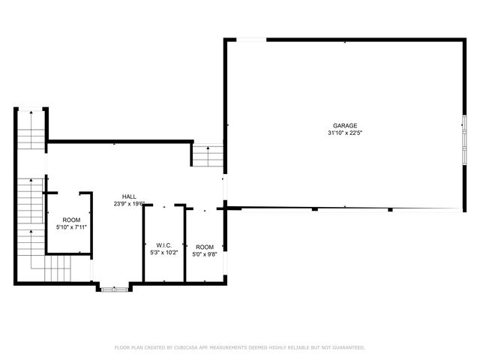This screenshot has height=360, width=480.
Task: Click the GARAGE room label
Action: (x=345, y=125)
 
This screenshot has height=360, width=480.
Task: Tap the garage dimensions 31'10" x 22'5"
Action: (x=345, y=133)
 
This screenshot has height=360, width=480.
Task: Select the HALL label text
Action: (x=129, y=196)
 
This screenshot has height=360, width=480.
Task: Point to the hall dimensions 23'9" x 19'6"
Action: (x=129, y=203)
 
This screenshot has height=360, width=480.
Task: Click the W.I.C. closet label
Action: (x=164, y=245)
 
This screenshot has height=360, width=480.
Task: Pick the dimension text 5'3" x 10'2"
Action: (x=164, y=253)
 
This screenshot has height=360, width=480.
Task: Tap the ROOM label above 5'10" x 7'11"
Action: (x=70, y=220)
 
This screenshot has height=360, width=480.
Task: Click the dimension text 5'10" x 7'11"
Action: (x=70, y=227)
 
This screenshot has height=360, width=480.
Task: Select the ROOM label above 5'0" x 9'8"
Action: (x=204, y=247)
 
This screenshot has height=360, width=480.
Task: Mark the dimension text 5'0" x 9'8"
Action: (x=204, y=254)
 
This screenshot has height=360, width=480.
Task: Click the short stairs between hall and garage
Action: (x=208, y=155)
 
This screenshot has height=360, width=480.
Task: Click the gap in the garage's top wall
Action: (x=247, y=39)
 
